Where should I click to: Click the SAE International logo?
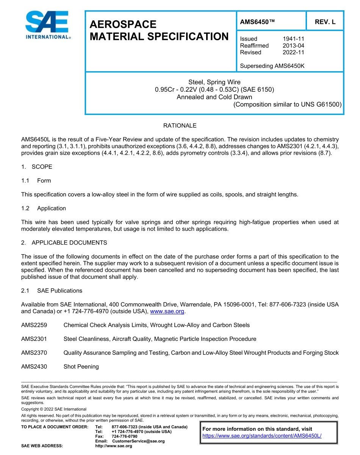[x=47, y=25]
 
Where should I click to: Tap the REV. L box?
[x=325, y=22]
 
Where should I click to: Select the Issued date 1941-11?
[x=293, y=39]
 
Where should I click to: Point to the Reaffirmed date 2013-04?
[x=293, y=45]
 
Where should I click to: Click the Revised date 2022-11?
[x=293, y=52]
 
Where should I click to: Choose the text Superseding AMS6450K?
[x=272, y=66]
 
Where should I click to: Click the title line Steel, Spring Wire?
[x=214, y=82]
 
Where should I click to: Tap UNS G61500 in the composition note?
[x=321, y=104]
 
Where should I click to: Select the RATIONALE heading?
[x=180, y=126]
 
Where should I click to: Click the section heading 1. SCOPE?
[x=37, y=167]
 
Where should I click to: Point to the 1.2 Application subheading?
[x=44, y=208]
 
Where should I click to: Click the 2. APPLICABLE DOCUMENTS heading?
[x=64, y=243]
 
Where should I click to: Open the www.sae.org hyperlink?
[x=167, y=312]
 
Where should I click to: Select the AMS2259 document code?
[x=34, y=325]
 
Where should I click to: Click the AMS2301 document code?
[x=34, y=339]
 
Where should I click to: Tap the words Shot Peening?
[x=81, y=367]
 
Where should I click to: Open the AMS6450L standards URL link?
[x=262, y=436]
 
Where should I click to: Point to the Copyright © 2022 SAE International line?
[x=54, y=409]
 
